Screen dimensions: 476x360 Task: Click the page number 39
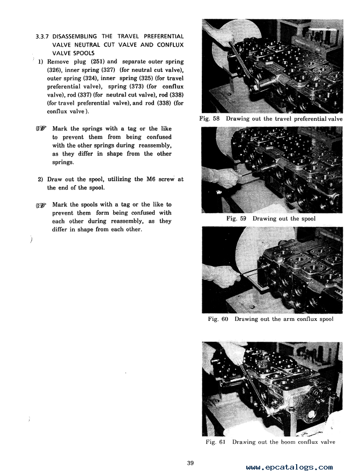(190, 463)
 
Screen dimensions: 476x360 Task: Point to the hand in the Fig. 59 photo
(220, 177)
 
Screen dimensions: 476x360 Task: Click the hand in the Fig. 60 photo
(223, 276)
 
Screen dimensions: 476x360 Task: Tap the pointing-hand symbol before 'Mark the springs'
(41, 129)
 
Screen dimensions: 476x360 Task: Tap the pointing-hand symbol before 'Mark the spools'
(41, 205)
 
